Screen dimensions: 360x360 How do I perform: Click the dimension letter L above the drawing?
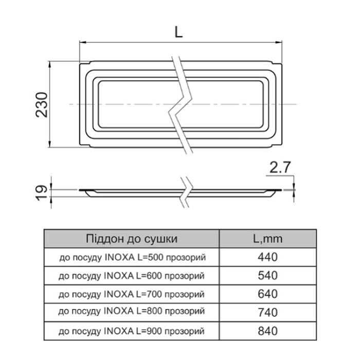[x=178, y=31]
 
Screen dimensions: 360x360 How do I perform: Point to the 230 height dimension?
[x=42, y=105]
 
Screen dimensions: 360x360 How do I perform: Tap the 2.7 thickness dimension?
[x=280, y=167]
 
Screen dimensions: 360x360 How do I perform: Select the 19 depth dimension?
[x=42, y=193]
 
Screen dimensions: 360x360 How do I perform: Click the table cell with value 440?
[x=268, y=257]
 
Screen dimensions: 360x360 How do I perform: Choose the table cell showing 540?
[x=268, y=275]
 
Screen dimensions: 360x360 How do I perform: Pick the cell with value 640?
[x=268, y=294]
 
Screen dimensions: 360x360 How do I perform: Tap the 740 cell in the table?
[x=268, y=313]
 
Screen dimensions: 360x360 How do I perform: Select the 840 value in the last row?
[x=268, y=331]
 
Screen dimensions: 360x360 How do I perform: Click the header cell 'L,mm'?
[x=268, y=239]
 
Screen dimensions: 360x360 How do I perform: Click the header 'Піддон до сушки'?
[x=132, y=239]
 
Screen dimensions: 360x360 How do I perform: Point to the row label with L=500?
[x=133, y=258]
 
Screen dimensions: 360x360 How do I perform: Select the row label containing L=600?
[x=131, y=276]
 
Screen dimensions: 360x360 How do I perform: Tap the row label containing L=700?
[x=131, y=294]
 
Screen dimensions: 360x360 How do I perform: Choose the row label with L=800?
[x=131, y=311]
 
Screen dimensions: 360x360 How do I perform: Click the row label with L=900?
[x=131, y=331]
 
